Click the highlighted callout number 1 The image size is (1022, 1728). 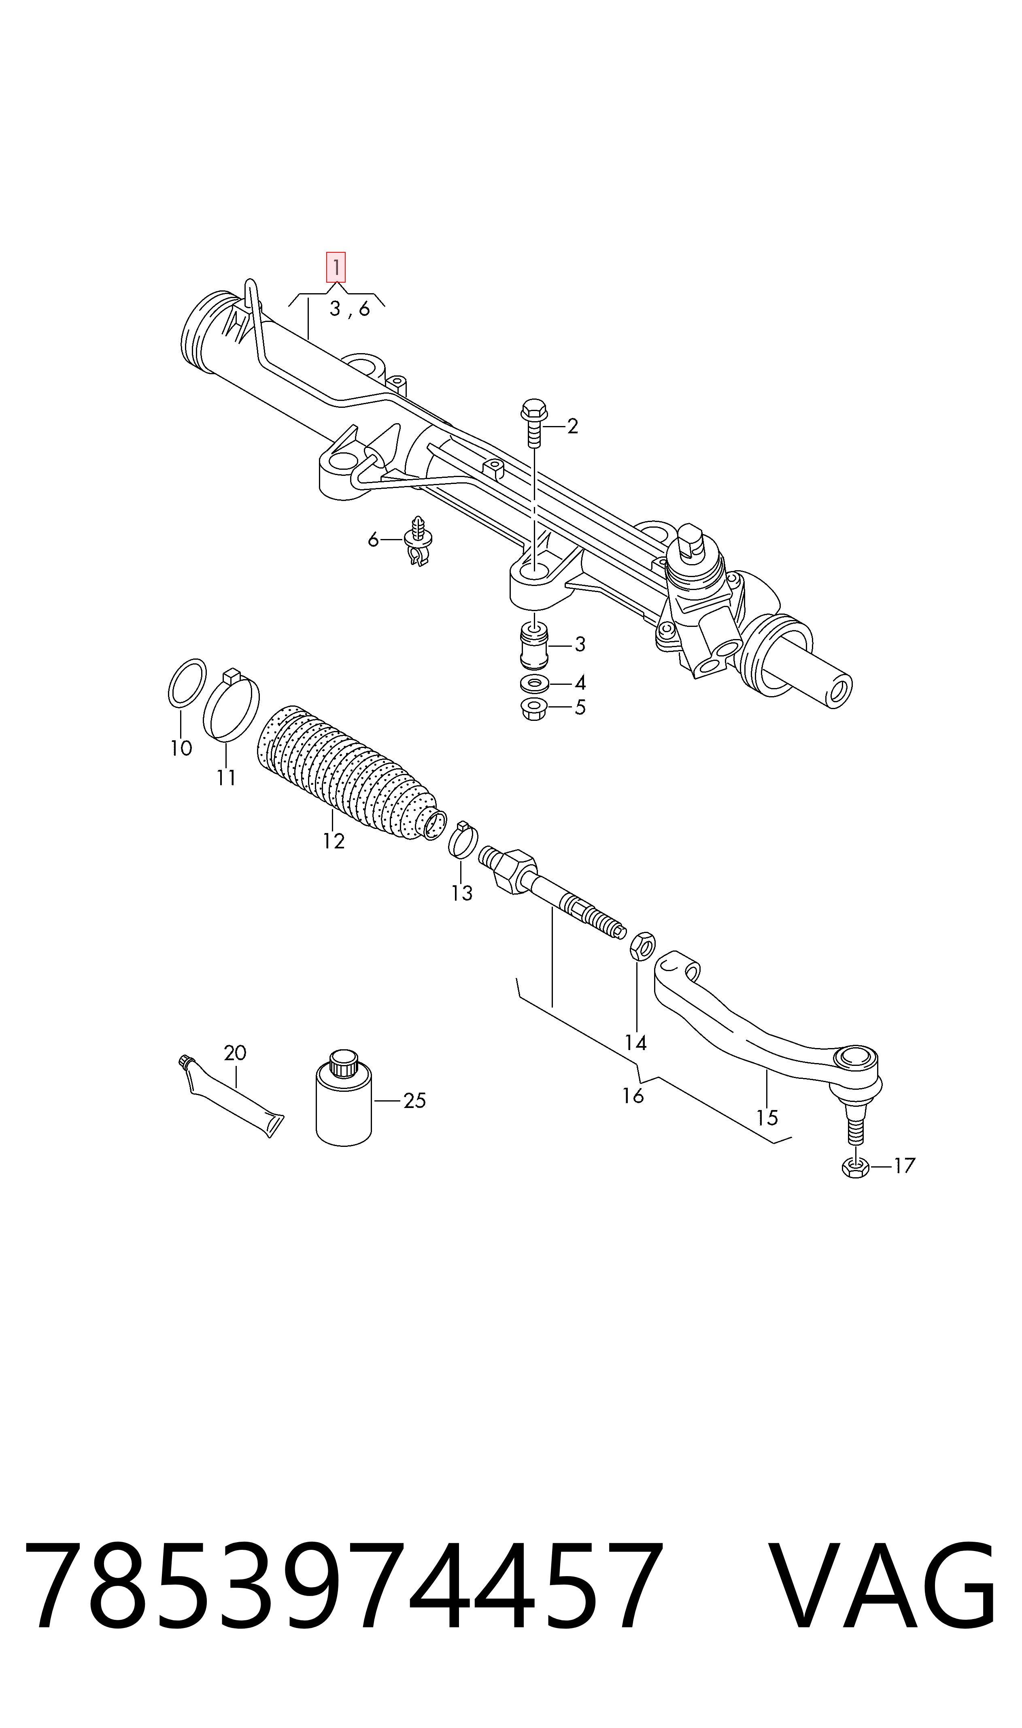(x=336, y=267)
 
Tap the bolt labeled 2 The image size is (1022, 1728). (x=534, y=422)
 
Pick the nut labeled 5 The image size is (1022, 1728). (x=534, y=708)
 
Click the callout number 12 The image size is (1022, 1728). (x=334, y=841)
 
